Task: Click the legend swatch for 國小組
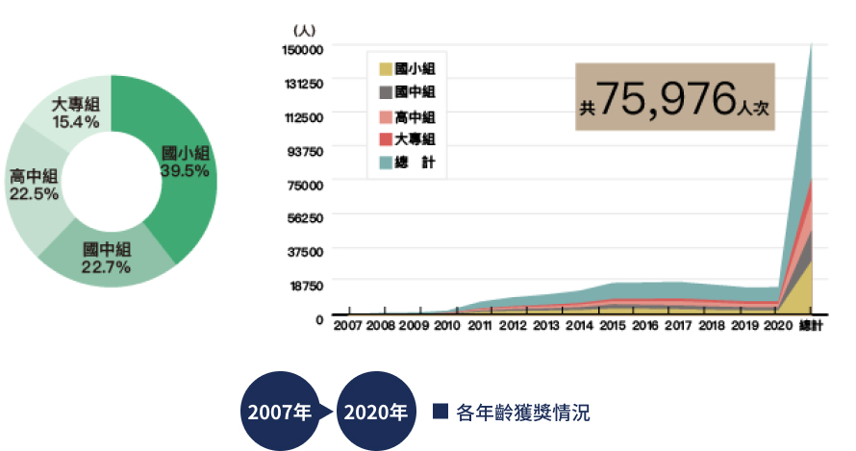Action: tap(386, 69)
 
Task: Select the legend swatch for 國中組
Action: tap(386, 92)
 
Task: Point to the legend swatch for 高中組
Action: tap(386, 117)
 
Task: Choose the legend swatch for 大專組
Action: tap(386, 140)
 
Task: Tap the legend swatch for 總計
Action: tap(386, 163)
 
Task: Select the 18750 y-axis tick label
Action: tap(305, 285)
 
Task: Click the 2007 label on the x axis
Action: tap(348, 327)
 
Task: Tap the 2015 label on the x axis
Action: tap(612, 327)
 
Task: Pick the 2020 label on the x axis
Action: tap(776, 327)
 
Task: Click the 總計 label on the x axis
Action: tap(811, 327)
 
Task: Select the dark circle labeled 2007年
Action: tap(279, 413)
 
